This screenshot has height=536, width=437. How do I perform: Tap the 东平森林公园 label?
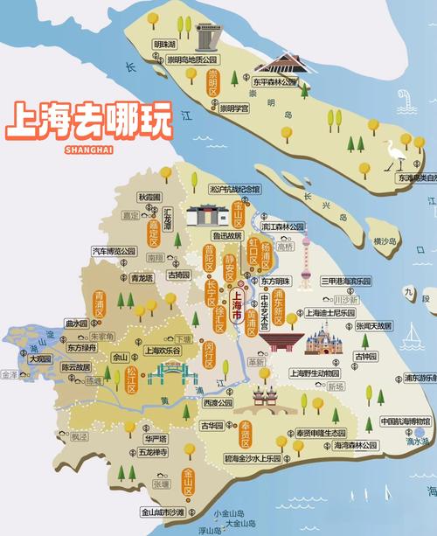(x=275, y=82)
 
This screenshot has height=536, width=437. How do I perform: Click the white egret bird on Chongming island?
(x=391, y=157)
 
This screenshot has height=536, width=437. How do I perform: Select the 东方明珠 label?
(x=277, y=282)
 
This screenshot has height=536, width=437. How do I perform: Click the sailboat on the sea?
(x=413, y=334)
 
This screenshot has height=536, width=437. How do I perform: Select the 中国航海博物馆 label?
(x=406, y=421)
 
